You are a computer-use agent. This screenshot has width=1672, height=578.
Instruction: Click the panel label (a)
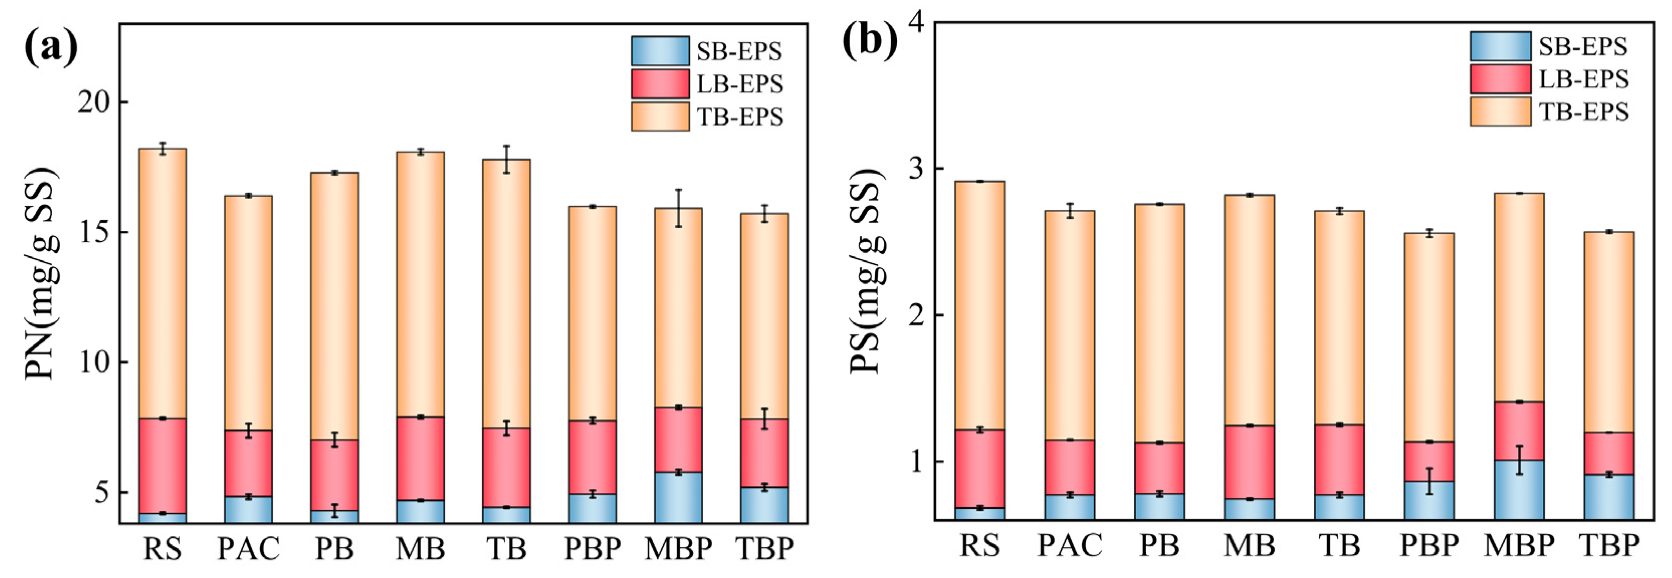point(51,47)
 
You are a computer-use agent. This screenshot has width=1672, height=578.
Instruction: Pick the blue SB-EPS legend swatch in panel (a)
point(659,51)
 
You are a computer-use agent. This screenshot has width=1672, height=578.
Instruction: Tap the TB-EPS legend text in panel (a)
point(739,117)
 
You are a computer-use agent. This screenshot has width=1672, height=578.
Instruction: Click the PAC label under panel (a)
point(248,549)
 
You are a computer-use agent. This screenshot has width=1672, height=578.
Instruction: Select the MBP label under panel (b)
point(1519,545)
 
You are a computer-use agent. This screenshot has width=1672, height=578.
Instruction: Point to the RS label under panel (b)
point(979,545)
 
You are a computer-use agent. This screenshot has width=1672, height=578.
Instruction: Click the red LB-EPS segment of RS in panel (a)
point(162,466)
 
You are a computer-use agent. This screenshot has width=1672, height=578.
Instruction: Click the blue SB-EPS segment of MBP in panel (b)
point(1519,490)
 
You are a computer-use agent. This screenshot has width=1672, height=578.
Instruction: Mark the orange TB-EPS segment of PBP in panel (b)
point(1429,337)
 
